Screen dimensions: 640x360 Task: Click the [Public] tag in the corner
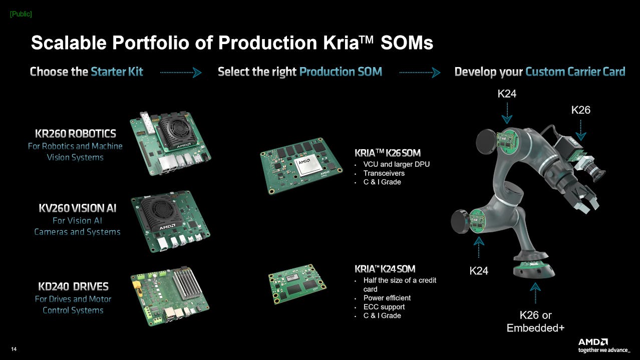21,14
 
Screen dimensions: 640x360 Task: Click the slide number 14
14,349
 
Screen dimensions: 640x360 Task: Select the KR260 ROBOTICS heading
76,133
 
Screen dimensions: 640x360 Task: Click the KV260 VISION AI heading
78,208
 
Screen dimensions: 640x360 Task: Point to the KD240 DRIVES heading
73,286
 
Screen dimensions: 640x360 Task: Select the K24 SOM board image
297,284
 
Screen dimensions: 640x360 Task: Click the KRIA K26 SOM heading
388,153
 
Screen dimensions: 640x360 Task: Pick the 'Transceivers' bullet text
384,173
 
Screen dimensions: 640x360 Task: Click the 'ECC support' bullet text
384,307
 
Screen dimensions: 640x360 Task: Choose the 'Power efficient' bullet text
387,298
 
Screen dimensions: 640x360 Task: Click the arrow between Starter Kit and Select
181,73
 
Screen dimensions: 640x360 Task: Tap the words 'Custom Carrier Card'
575,72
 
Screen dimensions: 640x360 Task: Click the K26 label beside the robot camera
580,110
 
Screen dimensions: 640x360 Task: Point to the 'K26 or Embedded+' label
535,321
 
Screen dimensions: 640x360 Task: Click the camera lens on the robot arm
596,172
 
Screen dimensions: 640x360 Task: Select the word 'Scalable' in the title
69,43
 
